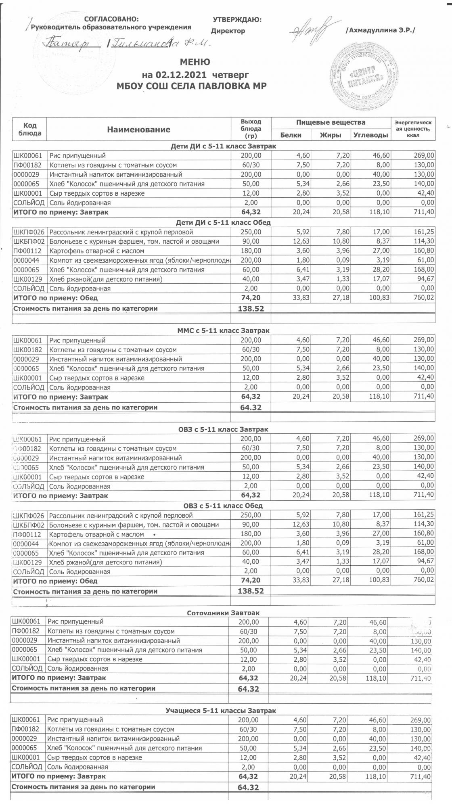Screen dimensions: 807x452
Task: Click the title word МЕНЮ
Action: (195, 62)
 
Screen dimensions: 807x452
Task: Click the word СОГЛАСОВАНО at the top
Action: (111, 19)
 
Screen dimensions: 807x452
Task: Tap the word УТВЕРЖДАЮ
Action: (237, 19)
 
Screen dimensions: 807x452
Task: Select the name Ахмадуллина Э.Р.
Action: (380, 30)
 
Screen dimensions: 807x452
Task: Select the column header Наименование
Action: (138, 130)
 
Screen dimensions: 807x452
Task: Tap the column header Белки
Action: (291, 135)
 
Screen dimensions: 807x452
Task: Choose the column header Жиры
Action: (331, 135)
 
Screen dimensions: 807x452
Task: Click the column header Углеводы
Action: (370, 135)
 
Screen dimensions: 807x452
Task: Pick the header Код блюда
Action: (30, 129)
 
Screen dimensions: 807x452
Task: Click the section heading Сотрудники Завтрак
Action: (223, 613)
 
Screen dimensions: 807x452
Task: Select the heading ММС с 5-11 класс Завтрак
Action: (224, 330)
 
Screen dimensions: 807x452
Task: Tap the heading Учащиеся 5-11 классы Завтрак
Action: (221, 711)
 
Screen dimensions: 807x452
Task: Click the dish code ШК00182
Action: (27, 349)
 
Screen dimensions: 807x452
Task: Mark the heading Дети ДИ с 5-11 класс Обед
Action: (223, 222)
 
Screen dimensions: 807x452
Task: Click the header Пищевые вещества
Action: (331, 122)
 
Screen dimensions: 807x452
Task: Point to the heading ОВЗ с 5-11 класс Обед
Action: (223, 506)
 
